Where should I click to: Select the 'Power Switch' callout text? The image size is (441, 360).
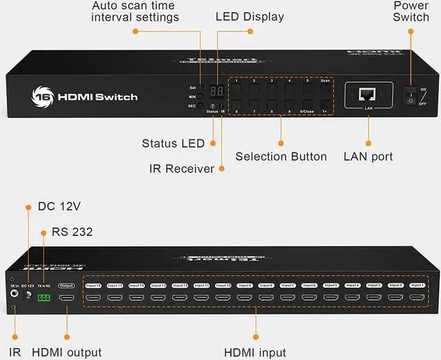click(411, 11)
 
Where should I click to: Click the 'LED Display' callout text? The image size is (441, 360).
click(249, 17)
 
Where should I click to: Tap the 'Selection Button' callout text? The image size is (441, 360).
click(281, 157)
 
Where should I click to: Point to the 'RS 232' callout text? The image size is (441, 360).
click(72, 232)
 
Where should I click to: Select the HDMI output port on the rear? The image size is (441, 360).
click(67, 298)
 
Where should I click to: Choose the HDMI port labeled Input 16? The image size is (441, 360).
click(93, 298)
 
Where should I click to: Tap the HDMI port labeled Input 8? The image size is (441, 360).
click(266, 298)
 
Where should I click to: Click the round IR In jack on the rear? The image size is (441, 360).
click(14, 292)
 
